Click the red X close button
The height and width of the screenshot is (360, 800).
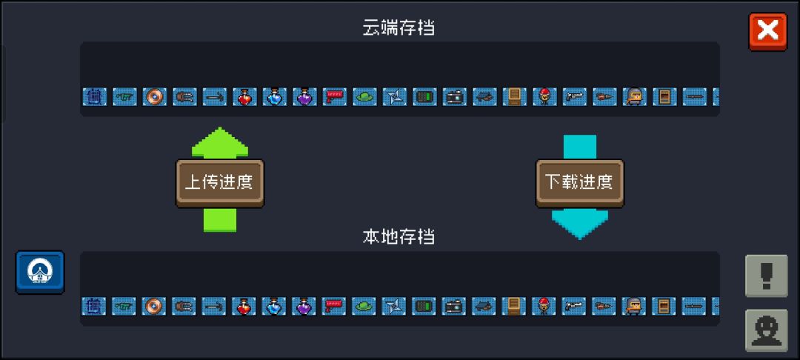pos(768,32)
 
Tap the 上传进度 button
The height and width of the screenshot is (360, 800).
pos(220,183)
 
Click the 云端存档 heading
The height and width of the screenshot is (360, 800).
pos(399,27)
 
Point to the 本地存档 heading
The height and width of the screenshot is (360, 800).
pos(399,236)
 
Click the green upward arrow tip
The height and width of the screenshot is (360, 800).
pos(220,128)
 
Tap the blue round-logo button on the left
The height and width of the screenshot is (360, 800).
pos(40,273)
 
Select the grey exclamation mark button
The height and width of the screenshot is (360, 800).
pos(767,276)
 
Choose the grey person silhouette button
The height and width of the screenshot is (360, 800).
pos(767,330)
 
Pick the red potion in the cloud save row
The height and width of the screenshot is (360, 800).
pos(245,96)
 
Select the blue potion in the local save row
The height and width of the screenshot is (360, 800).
pos(274,306)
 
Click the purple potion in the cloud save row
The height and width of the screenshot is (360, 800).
pos(304,96)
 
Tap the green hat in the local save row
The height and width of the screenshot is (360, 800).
pos(364,306)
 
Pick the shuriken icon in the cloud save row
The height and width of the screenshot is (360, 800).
pos(394,96)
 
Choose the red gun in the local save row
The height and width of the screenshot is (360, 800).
pos(333,306)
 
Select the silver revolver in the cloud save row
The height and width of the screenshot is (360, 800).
pos(575,96)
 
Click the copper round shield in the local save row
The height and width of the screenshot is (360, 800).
pos(153,306)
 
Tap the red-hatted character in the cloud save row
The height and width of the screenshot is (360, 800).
pos(544,96)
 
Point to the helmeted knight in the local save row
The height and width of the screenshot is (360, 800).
pos(633,306)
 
